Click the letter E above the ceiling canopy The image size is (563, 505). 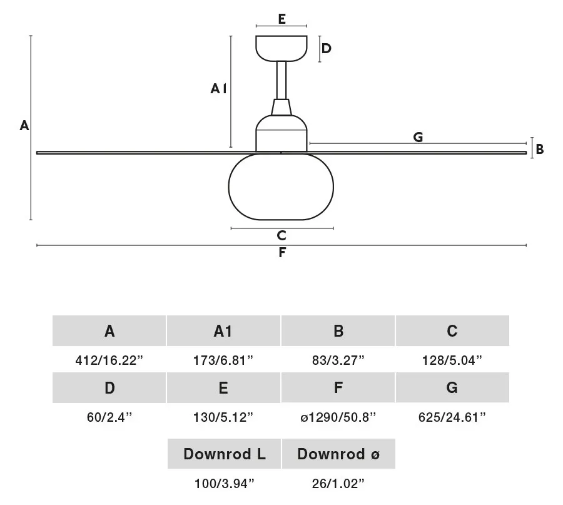tap(282, 19)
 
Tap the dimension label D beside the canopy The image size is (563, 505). tap(326, 48)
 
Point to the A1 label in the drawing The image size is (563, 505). tap(218, 88)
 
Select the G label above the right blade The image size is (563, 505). tap(418, 137)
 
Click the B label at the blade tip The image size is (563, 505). tap(540, 149)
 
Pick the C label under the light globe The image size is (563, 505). tap(281, 236)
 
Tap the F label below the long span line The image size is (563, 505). tap(282, 253)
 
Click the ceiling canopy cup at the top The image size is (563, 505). tap(281, 48)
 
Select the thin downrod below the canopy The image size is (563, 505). tap(281, 80)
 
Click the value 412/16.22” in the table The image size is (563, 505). tap(109, 360)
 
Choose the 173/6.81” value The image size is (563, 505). tap(223, 360)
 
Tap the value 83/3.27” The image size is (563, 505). tap(338, 360)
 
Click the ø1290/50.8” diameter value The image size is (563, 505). tap(338, 417)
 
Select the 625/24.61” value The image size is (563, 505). tap(452, 417)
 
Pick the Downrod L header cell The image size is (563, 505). tap(224, 454)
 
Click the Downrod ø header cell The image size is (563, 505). tap(338, 454)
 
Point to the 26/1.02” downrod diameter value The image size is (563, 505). tap(338, 484)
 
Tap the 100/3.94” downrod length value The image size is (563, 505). tap(224, 484)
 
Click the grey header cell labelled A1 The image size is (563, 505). tap(223, 331)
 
